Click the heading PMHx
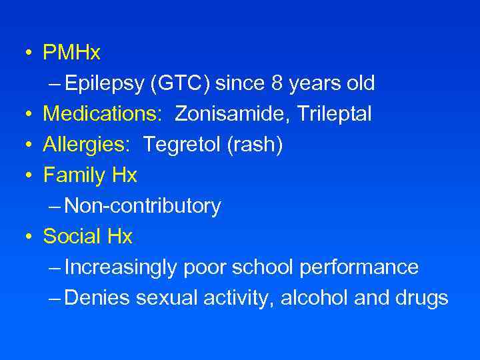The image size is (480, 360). [71, 52]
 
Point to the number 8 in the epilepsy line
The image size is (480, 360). [278, 83]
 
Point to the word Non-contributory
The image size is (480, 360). [143, 206]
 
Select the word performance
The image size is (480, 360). [359, 267]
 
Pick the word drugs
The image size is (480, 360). [423, 298]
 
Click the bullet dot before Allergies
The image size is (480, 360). [27, 145]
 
